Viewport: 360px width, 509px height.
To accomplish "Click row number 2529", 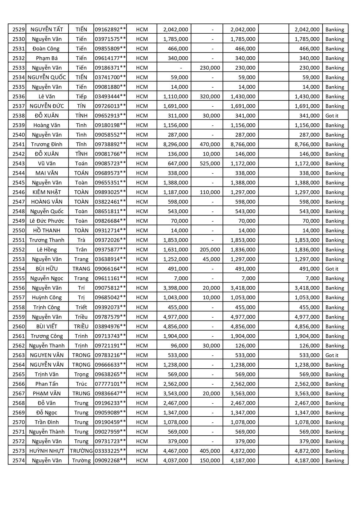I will click(19, 29).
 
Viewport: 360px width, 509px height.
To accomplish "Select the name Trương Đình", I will click(47, 144).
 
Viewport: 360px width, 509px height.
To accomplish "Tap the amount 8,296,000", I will click(176, 144).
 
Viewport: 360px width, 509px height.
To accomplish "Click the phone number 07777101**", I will click(110, 384).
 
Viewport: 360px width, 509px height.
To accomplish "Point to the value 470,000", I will click(210, 144).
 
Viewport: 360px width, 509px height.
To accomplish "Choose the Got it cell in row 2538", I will click(332, 115).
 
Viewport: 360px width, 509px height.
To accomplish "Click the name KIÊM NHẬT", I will click(47, 192).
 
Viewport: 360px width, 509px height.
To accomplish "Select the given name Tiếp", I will click(81, 96).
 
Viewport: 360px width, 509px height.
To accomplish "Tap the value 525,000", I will click(210, 163).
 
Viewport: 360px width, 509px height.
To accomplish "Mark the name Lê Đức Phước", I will click(47, 221).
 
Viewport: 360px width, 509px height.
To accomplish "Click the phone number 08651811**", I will click(110, 211).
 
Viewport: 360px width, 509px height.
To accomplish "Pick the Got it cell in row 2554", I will click(332, 269).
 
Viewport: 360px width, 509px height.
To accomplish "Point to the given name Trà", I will click(81, 240).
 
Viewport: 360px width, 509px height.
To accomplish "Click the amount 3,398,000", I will click(176, 288).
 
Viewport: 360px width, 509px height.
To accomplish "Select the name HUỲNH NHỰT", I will click(47, 451).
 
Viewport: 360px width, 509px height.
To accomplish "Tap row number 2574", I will click(19, 460).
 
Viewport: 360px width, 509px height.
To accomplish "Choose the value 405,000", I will click(210, 451).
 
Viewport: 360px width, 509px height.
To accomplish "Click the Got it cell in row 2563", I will click(332, 355).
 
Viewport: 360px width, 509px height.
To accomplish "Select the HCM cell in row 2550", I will click(142, 230).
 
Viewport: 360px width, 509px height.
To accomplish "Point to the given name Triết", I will click(81, 307).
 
